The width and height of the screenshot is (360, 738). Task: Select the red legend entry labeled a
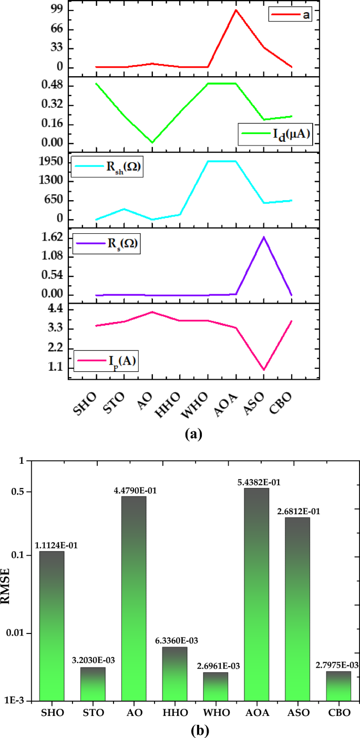point(290,15)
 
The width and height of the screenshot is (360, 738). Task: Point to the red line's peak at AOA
point(235,10)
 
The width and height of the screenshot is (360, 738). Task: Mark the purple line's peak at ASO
point(263,237)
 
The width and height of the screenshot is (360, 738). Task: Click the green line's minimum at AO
point(152,142)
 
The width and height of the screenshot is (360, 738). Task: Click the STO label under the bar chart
point(92,713)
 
